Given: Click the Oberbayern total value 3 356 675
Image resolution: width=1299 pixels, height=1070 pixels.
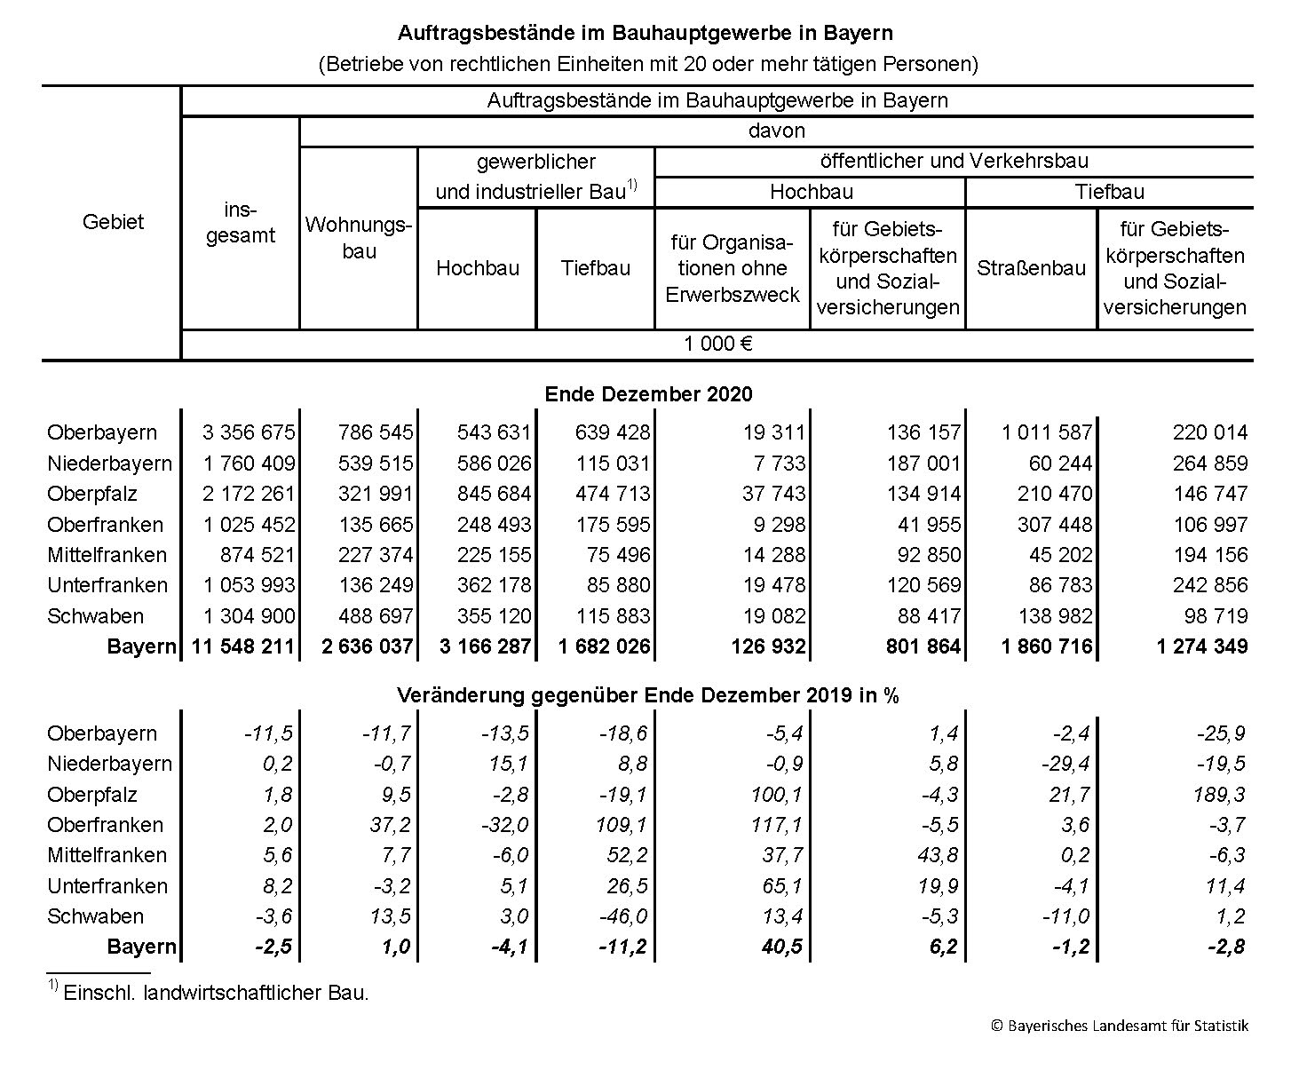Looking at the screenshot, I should pos(249,432).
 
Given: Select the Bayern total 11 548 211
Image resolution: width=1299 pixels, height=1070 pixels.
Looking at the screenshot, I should pos(242,646).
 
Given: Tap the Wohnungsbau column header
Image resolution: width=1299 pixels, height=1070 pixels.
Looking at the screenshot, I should pos(359,237).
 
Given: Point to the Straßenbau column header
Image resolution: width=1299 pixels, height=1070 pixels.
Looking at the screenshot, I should pos(1031,268).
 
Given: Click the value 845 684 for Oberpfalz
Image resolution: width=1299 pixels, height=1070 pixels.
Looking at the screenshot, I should pos(494,494).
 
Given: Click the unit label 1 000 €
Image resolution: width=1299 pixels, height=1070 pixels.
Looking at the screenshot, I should pos(717,345).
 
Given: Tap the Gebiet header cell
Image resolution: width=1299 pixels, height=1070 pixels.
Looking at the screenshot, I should pos(113,222).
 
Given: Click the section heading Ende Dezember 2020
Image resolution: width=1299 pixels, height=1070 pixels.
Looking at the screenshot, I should pos(648,394).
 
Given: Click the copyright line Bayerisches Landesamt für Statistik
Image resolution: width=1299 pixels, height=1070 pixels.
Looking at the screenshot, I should pos(1119,1026).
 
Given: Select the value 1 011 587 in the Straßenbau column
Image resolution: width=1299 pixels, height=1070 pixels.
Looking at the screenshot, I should pos(1047,432).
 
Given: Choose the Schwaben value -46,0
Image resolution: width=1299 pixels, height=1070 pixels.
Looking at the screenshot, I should pos(625,916).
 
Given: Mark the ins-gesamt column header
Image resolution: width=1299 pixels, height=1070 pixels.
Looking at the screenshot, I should pos(241,223).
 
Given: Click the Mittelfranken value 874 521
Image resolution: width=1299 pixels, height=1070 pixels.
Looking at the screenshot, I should pos(257,555).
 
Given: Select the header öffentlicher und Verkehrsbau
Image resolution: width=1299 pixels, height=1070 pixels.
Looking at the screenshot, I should pos(954,162).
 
